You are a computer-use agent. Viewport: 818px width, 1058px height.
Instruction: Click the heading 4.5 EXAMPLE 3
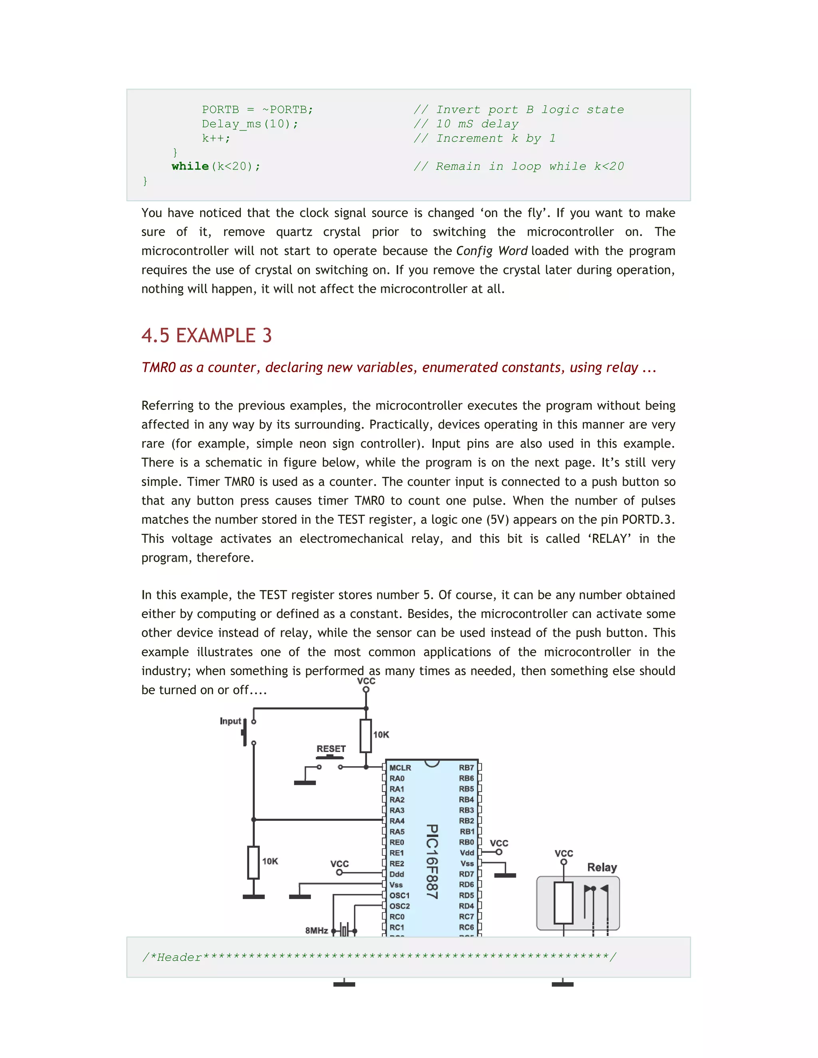pyautogui.click(x=206, y=335)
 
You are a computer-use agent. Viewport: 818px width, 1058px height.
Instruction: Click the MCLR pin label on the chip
pyautogui.click(x=400, y=768)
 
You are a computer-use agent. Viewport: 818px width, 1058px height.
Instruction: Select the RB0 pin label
pyautogui.click(x=466, y=842)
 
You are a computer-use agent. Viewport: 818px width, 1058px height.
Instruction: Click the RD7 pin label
pyautogui.click(x=466, y=874)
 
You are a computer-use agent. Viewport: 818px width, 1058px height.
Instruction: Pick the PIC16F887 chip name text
pyautogui.click(x=432, y=862)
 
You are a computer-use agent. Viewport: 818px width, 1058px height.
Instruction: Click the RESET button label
pyautogui.click(x=331, y=749)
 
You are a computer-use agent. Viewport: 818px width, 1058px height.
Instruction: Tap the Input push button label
pyautogui.click(x=230, y=721)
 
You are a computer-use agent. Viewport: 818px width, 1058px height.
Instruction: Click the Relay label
pyautogui.click(x=602, y=868)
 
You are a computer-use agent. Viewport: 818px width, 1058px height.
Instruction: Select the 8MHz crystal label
pyautogui.click(x=316, y=931)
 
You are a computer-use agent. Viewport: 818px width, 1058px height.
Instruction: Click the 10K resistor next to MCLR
pyautogui.click(x=366, y=736)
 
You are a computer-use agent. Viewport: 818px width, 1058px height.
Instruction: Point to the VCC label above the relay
pyautogui.click(x=564, y=854)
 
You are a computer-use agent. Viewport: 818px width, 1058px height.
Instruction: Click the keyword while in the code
pyautogui.click(x=190, y=166)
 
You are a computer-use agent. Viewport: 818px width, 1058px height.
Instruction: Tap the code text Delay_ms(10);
pyautogui.click(x=250, y=124)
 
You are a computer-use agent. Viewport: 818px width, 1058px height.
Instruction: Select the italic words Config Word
pyautogui.click(x=491, y=251)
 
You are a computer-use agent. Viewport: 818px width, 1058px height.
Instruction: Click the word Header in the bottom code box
pyautogui.click(x=179, y=957)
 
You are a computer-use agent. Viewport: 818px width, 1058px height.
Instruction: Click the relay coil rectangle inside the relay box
pyautogui.click(x=564, y=903)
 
